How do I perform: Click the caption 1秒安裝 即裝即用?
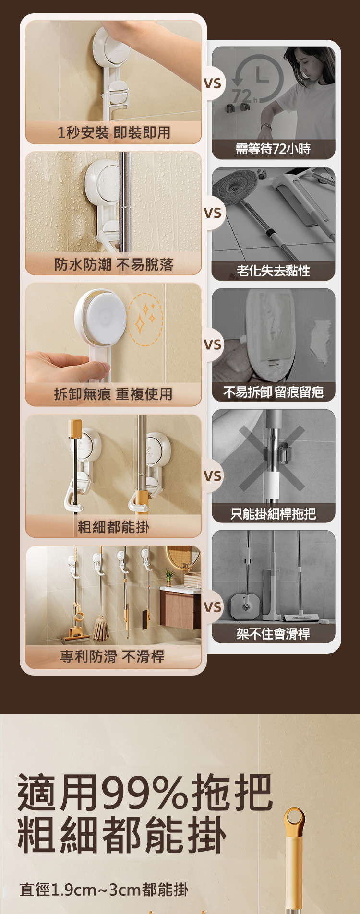114,132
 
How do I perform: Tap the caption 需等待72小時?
273,149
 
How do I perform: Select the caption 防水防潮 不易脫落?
114,264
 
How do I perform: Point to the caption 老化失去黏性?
273,271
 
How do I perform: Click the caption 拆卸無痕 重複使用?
114,394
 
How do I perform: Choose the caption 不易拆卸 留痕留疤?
273,392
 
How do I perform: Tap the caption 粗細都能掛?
114,527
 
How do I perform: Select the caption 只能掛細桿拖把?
273,514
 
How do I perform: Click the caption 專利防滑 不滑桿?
112,656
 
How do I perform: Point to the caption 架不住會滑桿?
273,634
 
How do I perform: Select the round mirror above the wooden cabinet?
183,558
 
